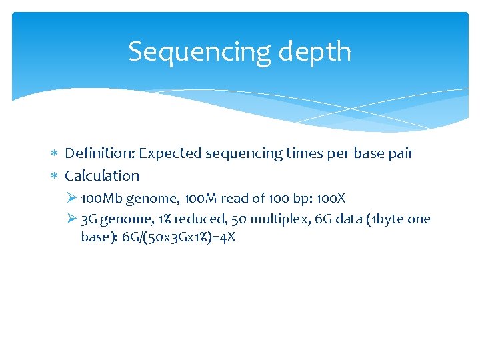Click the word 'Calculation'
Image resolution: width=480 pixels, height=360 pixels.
pyautogui.click(x=102, y=176)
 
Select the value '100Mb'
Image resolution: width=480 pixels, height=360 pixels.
pyautogui.click(x=101, y=199)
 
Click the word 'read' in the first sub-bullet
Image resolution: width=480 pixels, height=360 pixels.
pyautogui.click(x=237, y=199)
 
